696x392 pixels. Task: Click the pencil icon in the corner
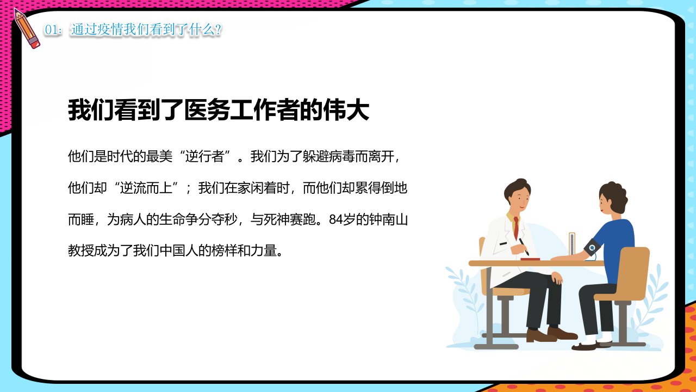pyautogui.click(x=27, y=28)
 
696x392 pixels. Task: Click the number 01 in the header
pyautogui.click(x=51, y=30)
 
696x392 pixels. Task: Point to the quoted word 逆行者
pyautogui.click(x=204, y=156)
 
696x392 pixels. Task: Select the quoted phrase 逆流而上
pyautogui.click(x=146, y=188)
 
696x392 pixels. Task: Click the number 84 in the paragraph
pyautogui.click(x=336, y=219)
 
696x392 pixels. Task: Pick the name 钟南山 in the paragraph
pyautogui.click(x=388, y=219)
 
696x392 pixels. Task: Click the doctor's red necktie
pyautogui.click(x=516, y=228)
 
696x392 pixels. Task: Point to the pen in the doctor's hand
pyautogui.click(x=524, y=247)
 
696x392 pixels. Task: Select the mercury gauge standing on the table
pyautogui.click(x=572, y=244)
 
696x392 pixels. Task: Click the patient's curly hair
pyautogui.click(x=615, y=195)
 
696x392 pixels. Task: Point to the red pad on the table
pyautogui.click(x=530, y=259)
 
